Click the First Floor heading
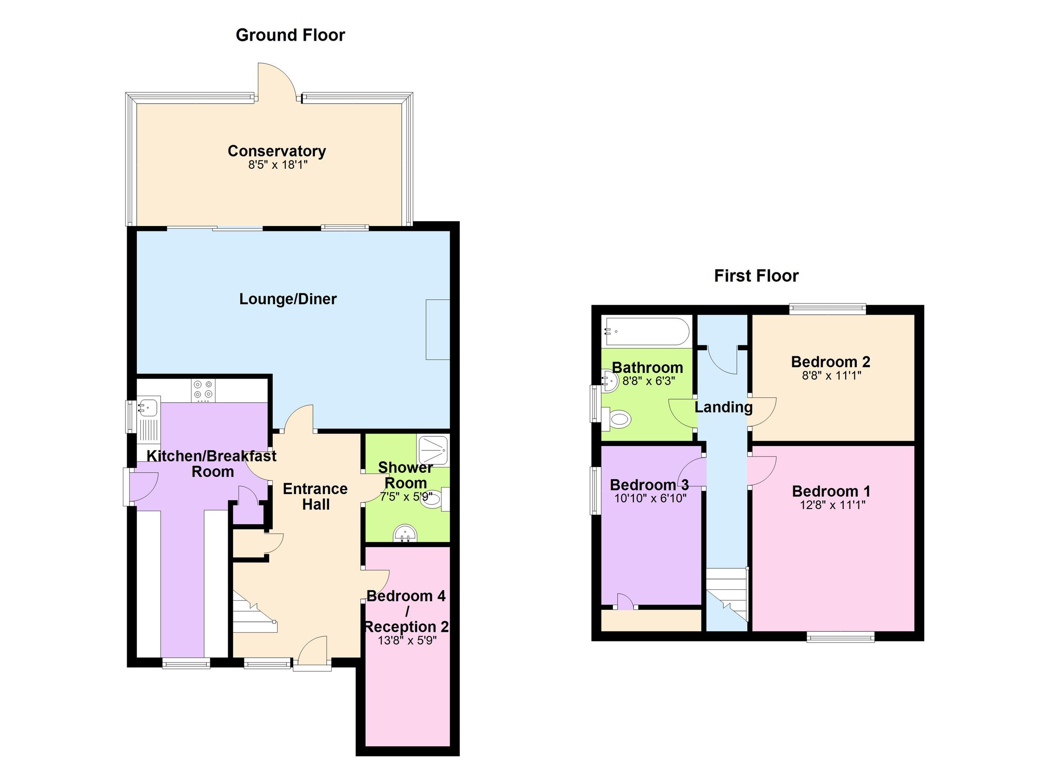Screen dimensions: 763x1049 756,276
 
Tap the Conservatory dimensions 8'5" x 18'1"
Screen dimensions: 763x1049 278,165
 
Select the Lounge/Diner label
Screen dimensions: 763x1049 287,299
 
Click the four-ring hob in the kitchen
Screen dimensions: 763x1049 204,389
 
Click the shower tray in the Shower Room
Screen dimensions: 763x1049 432,450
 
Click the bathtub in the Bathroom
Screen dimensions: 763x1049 647,331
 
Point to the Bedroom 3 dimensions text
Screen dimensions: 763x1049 650,498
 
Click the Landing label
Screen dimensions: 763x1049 723,407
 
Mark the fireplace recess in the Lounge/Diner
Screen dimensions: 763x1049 437,329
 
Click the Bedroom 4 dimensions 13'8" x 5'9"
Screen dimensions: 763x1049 407,641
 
